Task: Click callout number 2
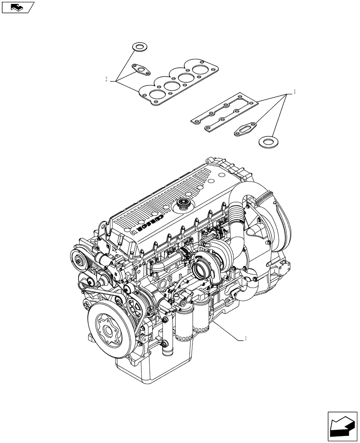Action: click(x=106, y=80)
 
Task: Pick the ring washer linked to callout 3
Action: click(x=266, y=142)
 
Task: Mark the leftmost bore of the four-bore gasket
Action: click(x=157, y=94)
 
